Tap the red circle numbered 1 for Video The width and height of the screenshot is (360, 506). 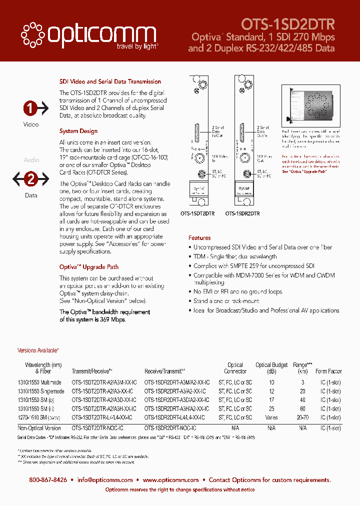[31, 108]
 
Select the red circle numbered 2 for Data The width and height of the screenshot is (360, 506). [31, 179]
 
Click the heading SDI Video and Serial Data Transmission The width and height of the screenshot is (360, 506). [110, 81]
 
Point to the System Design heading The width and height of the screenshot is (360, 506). [78, 131]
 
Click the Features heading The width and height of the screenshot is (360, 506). [199, 238]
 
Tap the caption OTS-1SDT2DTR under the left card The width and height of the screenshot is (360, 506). [197, 213]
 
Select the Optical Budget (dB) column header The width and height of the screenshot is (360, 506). [271, 368]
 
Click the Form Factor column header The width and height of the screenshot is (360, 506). [328, 371]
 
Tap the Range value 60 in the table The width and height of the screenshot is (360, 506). [302, 408]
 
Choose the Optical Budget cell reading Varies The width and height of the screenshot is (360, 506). [271, 417]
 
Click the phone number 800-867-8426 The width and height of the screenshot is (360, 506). [48, 480]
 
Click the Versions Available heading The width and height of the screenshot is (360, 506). [38, 351]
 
